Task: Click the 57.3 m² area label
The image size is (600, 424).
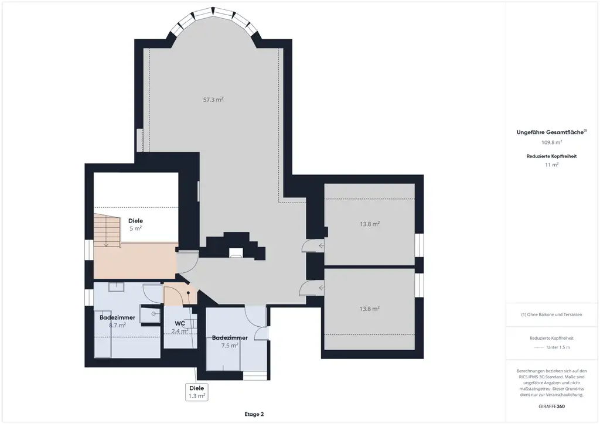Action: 213,100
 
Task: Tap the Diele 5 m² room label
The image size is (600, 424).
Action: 135,225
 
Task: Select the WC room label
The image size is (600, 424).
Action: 180,323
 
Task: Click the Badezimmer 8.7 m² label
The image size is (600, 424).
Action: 117,322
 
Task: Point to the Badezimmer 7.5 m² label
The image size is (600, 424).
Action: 230,341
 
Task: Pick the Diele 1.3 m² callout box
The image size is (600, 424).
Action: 197,392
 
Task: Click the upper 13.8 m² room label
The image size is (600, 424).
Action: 370,224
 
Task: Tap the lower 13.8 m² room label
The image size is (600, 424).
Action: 370,309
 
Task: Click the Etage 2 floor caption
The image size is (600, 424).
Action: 254,414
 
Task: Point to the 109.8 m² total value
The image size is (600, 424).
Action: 551,142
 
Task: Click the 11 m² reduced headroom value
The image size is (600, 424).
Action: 551,165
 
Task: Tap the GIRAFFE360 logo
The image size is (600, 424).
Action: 551,406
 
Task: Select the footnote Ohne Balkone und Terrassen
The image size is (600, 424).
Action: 551,314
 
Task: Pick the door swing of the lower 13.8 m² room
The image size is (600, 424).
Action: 312,288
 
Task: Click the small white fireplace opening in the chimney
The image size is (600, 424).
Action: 236,252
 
